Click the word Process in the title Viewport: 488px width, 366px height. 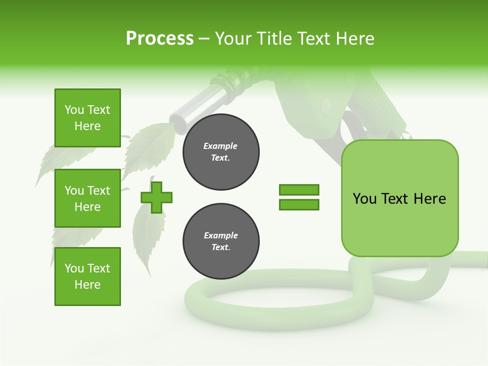160,39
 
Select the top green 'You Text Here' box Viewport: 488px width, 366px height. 87,118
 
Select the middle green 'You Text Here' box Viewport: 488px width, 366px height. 87,198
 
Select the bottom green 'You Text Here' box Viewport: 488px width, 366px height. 87,277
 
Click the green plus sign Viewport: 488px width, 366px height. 157,197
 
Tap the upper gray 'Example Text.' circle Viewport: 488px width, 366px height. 221,152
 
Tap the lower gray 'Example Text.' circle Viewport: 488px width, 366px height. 221,241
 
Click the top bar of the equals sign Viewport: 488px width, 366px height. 299,190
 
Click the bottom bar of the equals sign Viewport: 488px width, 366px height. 299,204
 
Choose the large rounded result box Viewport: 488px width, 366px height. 400,198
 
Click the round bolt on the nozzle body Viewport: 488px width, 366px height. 326,105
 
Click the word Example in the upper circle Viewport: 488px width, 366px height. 221,146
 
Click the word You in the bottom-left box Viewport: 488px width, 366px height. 74,268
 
